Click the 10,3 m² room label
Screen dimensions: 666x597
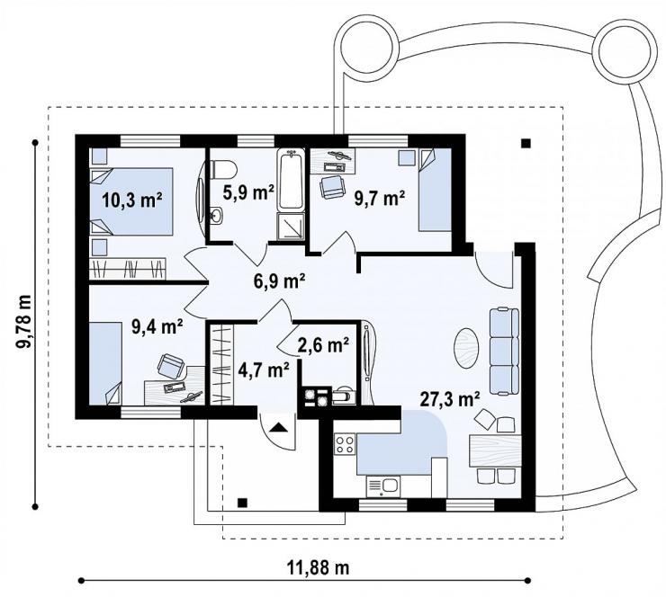[x=132, y=200]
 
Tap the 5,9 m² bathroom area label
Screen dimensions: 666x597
[x=248, y=192]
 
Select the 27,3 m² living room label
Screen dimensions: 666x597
[x=450, y=399]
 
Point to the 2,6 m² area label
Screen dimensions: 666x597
[x=324, y=345]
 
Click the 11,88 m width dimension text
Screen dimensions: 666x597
[x=319, y=567]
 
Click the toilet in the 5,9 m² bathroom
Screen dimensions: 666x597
[x=223, y=169]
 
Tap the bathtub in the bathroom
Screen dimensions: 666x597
[x=291, y=180]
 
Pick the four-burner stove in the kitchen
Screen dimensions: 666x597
[x=345, y=444]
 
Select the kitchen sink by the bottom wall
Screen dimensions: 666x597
[x=382, y=486]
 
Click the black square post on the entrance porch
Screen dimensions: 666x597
[x=242, y=503]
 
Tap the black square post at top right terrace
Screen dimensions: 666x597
[x=526, y=144]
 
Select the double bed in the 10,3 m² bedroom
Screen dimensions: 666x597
[x=131, y=201]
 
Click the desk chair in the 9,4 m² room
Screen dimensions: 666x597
[x=171, y=366]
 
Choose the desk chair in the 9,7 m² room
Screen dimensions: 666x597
[x=332, y=187]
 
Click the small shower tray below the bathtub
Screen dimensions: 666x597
[x=291, y=227]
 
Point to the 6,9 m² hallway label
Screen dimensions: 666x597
[x=279, y=281]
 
